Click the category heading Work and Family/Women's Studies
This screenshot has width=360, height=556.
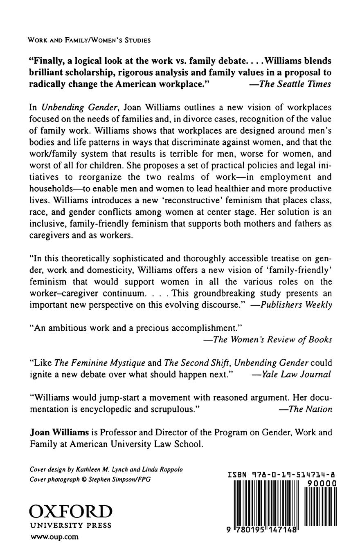[x=89, y=40]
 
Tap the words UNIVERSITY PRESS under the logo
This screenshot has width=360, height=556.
[x=70, y=526]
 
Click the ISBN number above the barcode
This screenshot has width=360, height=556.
[x=282, y=475]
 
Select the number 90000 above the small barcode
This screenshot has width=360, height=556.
[x=322, y=483]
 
